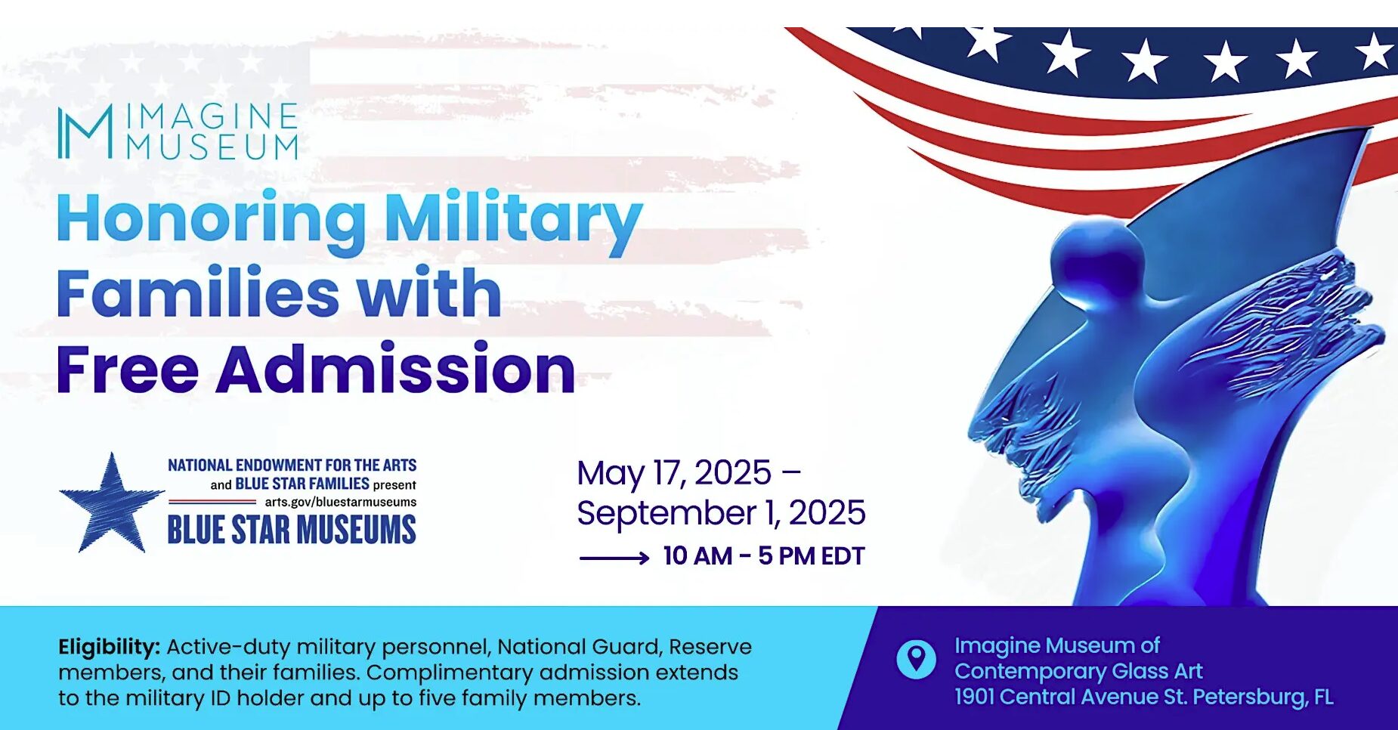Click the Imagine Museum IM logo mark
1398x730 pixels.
click(85, 131)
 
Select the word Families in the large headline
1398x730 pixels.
click(198, 293)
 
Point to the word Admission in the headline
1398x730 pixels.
click(396, 370)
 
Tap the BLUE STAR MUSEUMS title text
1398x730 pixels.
click(292, 530)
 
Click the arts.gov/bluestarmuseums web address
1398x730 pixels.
click(340, 502)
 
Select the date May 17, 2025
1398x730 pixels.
click(674, 473)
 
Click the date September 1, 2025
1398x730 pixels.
click(721, 513)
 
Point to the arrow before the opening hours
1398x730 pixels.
click(614, 558)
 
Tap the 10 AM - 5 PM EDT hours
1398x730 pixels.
click(764, 556)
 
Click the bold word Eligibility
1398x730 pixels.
click(109, 648)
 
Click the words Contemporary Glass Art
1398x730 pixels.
click(1078, 671)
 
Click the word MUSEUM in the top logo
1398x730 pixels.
click(212, 147)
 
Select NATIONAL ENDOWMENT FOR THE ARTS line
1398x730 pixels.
click(292, 465)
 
